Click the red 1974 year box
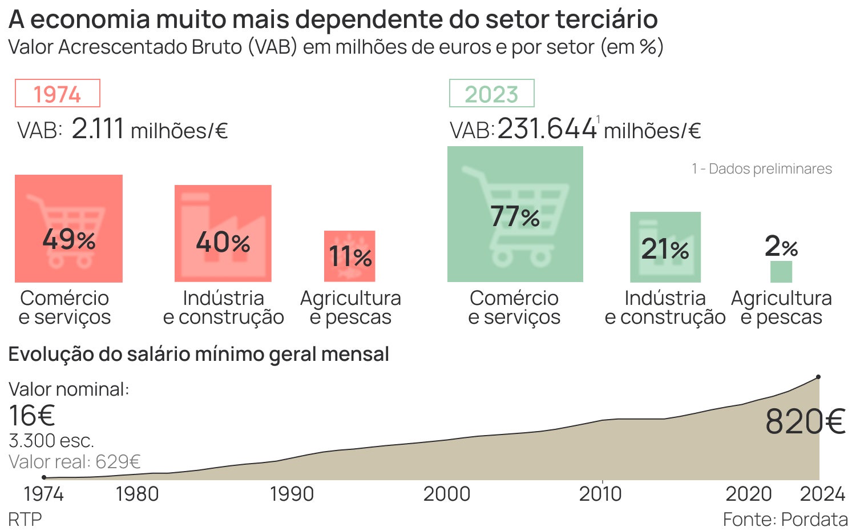click(57, 94)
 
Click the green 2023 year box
click(491, 94)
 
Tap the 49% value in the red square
click(68, 239)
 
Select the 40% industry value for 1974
click(223, 242)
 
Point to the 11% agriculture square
click(350, 256)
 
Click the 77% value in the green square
click(515, 216)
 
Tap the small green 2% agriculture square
click(781, 272)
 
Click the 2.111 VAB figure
click(98, 128)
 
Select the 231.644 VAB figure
click(547, 128)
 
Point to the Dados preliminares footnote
click(762, 169)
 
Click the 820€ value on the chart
click(805, 422)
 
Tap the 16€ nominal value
click(32, 416)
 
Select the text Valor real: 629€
click(75, 461)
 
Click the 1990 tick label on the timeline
click(292, 494)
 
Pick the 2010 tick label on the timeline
click(600, 494)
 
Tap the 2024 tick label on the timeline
click(822, 494)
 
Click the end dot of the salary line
click(818, 377)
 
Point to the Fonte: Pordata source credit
click(785, 520)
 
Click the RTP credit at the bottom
click(25, 520)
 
